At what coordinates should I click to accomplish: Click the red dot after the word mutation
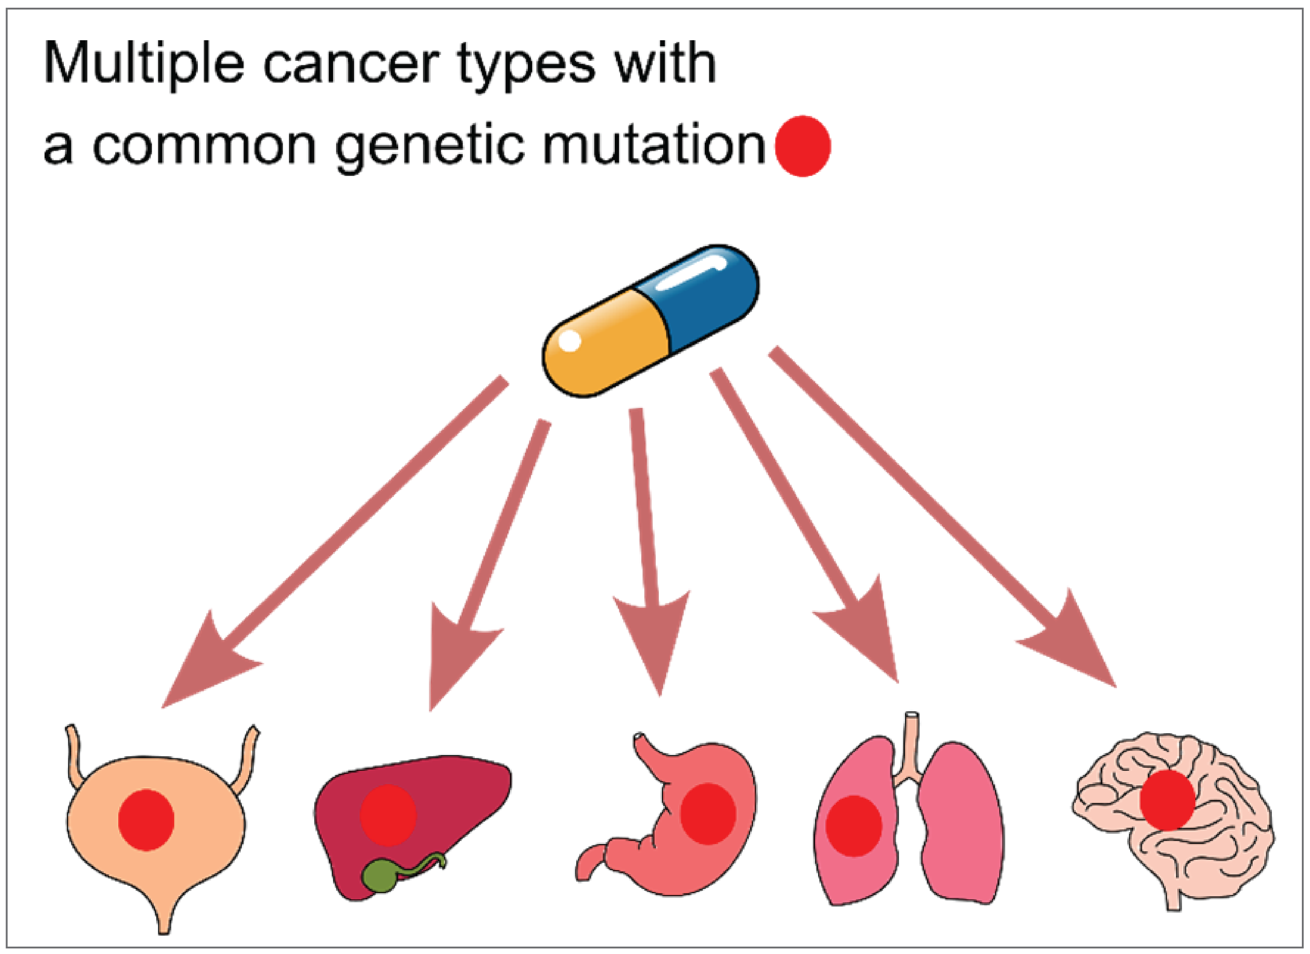point(802,146)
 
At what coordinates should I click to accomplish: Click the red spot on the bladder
point(146,820)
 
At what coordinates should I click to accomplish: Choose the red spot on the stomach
point(708,814)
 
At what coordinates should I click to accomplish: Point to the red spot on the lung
point(854,826)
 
